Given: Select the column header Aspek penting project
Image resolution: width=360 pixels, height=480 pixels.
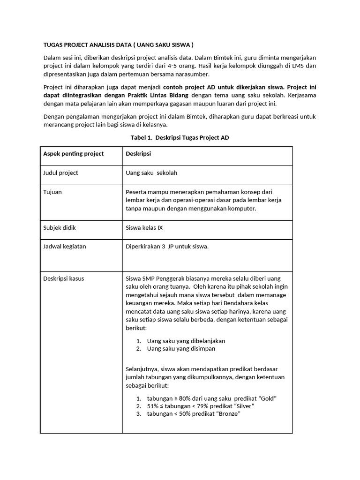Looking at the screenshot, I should click(x=74, y=154).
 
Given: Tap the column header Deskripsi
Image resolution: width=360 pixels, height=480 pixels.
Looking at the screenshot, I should click(x=138, y=154).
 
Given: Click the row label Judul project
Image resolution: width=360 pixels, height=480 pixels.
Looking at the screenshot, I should click(x=60, y=173).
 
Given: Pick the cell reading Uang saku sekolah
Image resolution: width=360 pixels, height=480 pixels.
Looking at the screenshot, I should click(x=151, y=173).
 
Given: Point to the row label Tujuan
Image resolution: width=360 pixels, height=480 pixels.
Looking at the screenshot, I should click(x=52, y=192).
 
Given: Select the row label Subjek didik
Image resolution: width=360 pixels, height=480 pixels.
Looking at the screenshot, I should click(x=60, y=228).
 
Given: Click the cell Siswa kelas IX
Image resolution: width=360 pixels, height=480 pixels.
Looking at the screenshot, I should click(x=144, y=228).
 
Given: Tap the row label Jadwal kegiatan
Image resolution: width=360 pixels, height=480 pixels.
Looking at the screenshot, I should click(x=65, y=247).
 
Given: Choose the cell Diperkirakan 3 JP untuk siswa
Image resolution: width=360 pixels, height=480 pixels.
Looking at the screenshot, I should click(x=167, y=247).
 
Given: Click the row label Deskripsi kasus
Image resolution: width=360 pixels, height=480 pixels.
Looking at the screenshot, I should click(x=64, y=278).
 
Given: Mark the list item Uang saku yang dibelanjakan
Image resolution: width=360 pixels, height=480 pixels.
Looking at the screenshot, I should click(x=186, y=341).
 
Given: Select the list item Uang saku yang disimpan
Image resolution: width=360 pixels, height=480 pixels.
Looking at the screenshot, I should click(x=181, y=349).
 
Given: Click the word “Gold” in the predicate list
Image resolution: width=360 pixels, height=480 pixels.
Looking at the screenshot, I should click(x=266, y=398).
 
